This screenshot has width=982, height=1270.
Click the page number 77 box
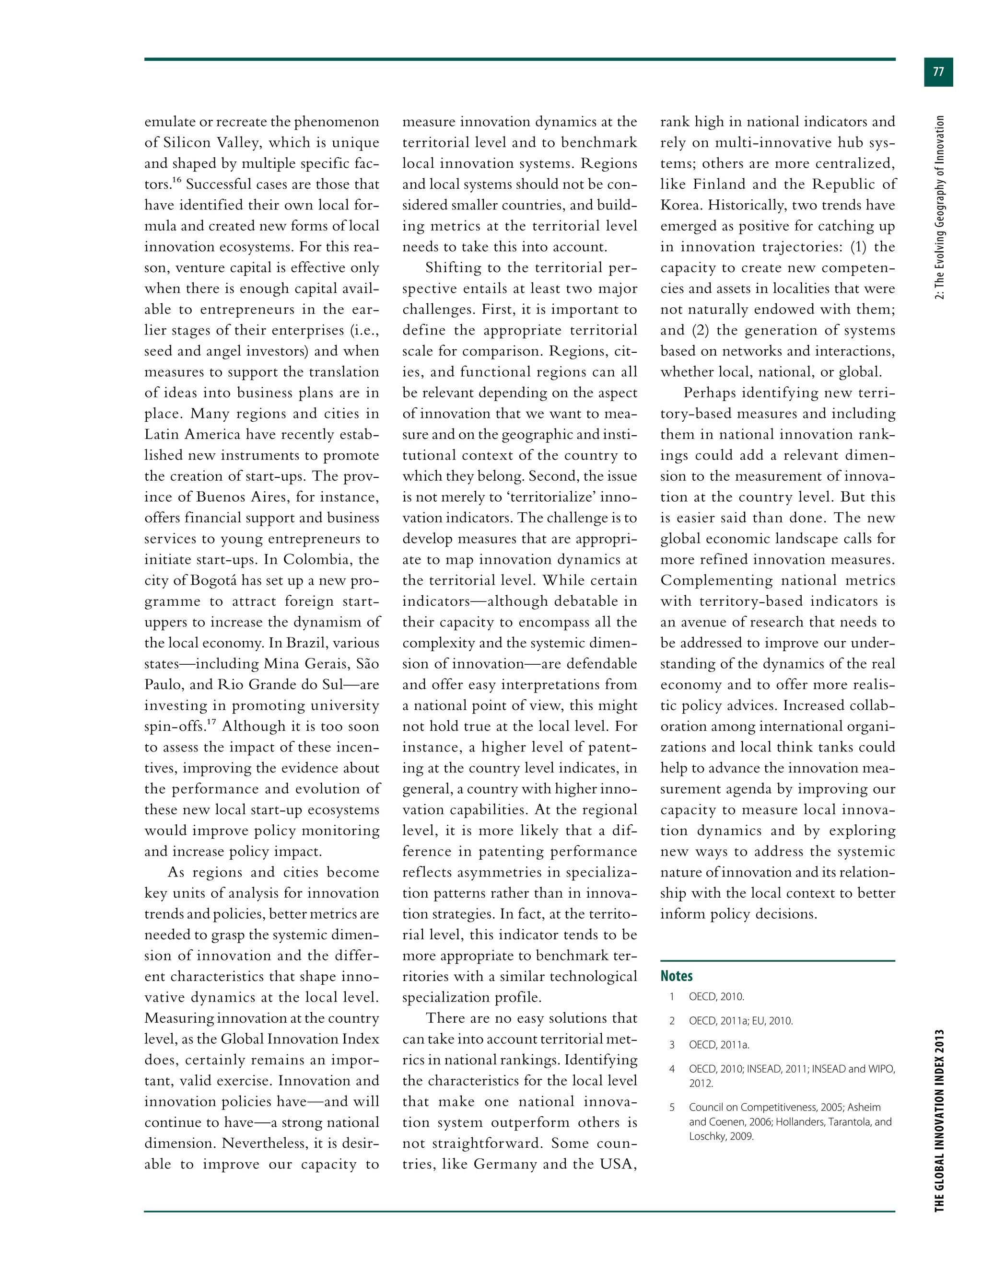[x=938, y=72]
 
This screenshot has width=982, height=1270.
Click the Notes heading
[x=676, y=976]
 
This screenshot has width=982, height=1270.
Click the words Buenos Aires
[x=243, y=497]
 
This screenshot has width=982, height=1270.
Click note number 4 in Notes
[x=672, y=1069]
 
